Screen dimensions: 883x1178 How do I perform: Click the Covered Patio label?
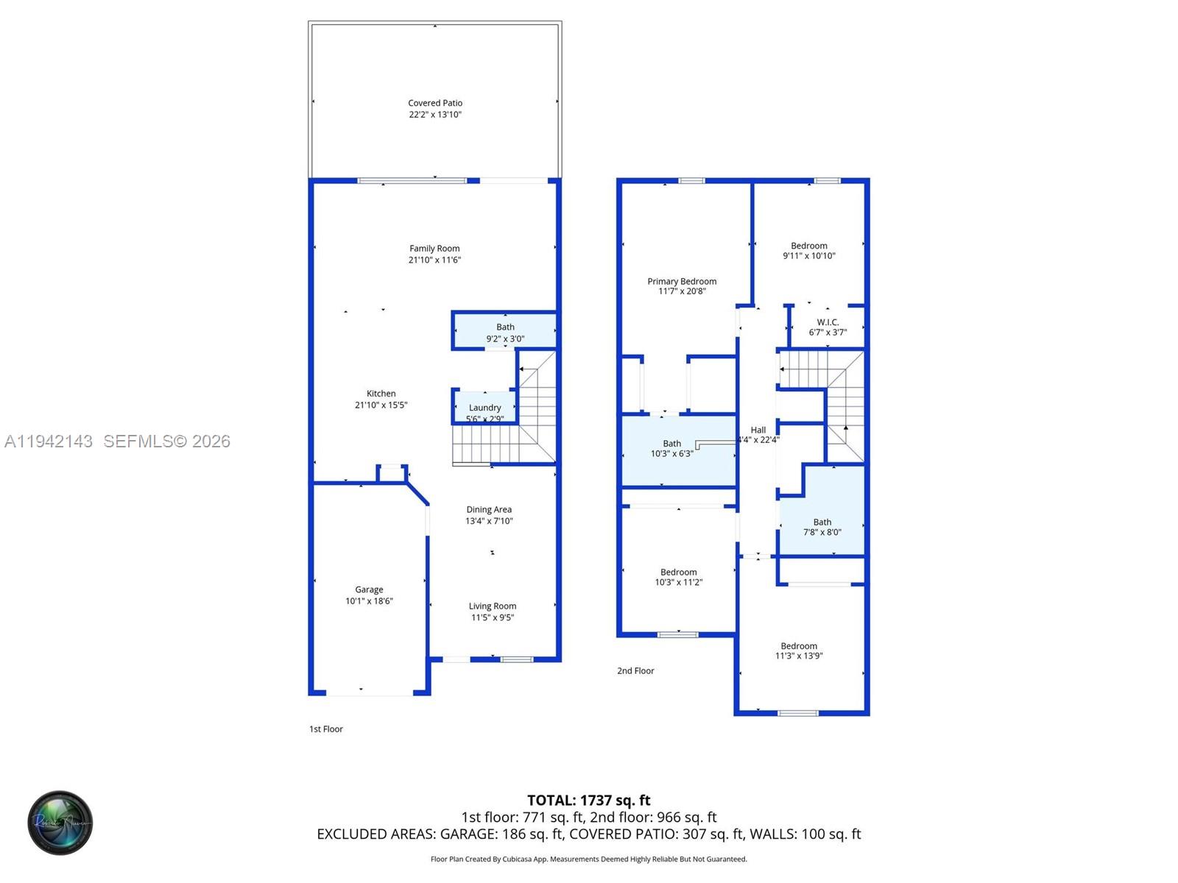point(435,103)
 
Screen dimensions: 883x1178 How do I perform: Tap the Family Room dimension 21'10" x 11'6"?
point(434,260)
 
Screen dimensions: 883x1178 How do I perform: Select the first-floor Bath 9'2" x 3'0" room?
point(505,332)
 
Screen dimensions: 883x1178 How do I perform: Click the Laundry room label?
point(484,408)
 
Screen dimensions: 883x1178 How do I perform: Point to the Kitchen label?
point(381,394)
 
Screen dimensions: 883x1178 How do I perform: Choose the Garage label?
point(369,589)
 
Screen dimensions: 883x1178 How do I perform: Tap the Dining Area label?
point(489,509)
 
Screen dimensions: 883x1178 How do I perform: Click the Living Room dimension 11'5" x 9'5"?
point(493,617)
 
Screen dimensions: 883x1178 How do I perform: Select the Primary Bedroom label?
point(682,281)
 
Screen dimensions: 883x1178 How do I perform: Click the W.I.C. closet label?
point(828,322)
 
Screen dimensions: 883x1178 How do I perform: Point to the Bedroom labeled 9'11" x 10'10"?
point(809,251)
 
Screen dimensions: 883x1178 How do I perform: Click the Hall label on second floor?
point(758,430)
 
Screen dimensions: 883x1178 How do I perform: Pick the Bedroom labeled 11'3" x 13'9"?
point(799,650)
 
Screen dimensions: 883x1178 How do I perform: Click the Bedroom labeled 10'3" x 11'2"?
point(678,577)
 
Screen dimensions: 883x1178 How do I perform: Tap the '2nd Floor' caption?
point(635,670)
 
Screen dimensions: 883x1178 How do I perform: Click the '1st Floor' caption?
point(325,728)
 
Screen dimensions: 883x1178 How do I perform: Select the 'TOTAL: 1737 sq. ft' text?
point(589,800)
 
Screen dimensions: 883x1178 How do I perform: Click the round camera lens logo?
point(60,823)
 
